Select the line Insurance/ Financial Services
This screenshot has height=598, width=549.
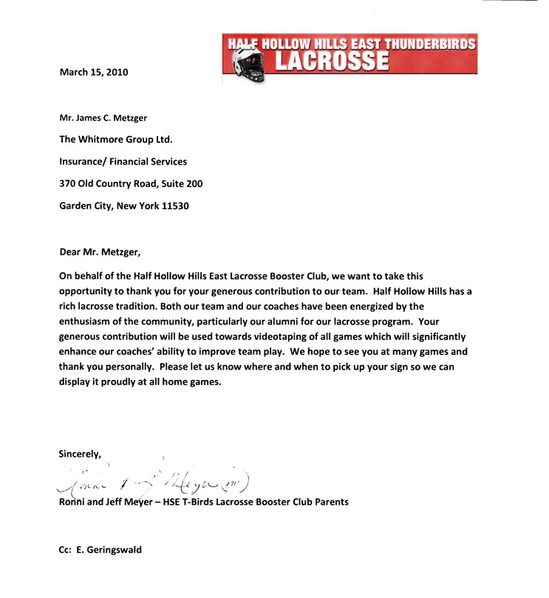click(x=123, y=161)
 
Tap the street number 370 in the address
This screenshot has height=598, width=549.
click(x=68, y=183)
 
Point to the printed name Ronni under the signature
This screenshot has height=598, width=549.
click(x=73, y=502)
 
